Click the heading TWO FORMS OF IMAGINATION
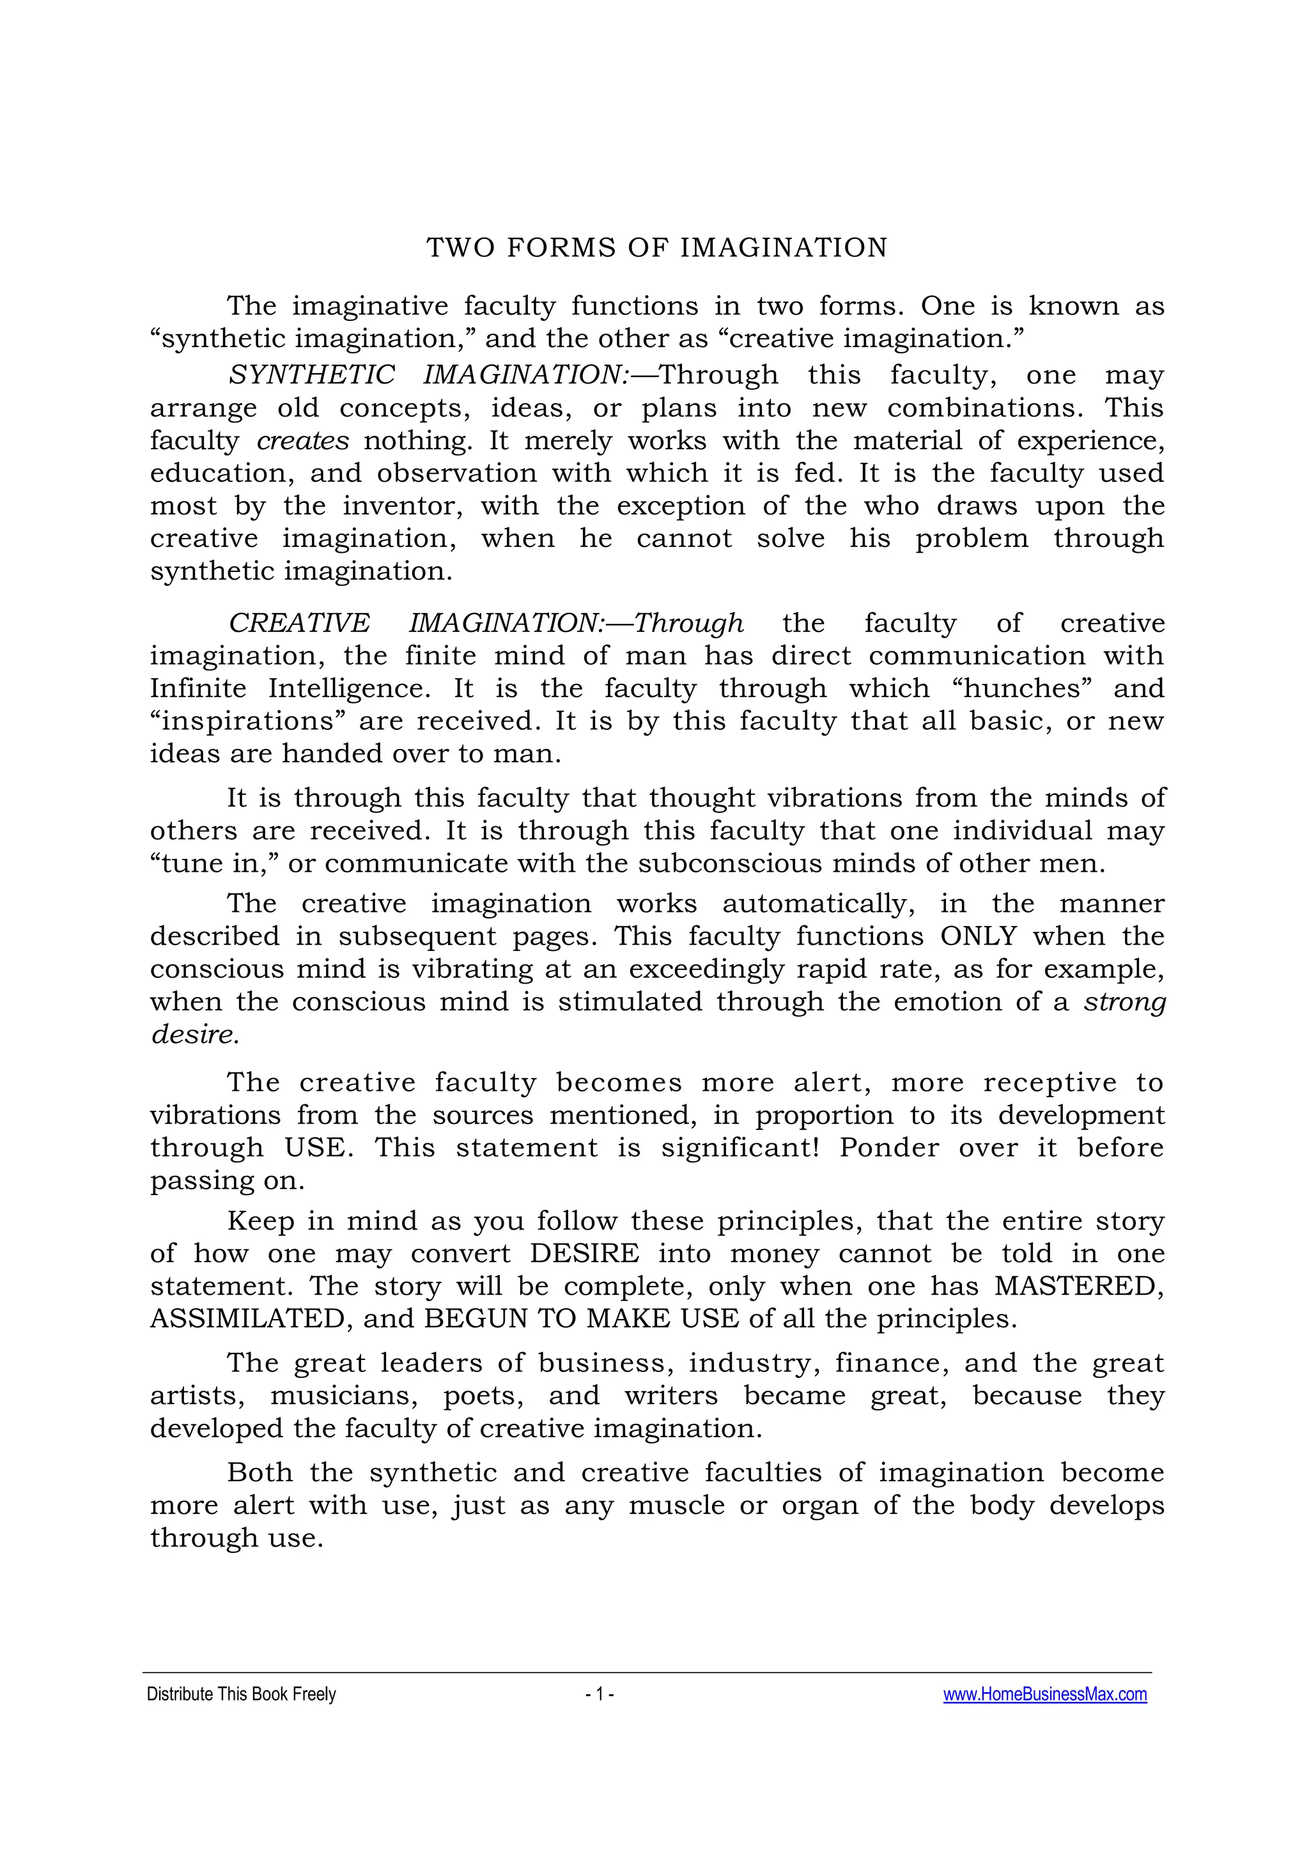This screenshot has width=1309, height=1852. pyautogui.click(x=656, y=247)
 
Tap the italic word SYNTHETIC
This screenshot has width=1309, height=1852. pyautogui.click(x=311, y=374)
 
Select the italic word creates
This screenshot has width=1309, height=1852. pyautogui.click(x=302, y=440)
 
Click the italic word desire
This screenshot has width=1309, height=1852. pyautogui.click(x=194, y=1034)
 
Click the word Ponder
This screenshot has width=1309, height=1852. pyautogui.click(x=889, y=1147)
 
